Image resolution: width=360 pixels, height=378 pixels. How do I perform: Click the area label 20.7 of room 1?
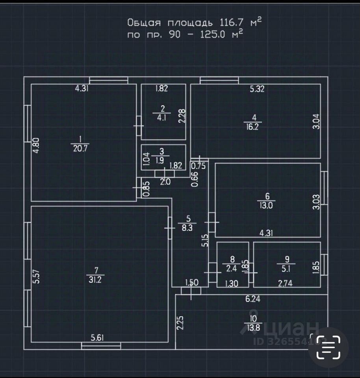click(x=80, y=148)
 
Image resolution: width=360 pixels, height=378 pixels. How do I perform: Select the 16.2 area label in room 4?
click(x=254, y=127)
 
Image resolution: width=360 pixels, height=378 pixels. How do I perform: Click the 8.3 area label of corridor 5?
click(x=189, y=228)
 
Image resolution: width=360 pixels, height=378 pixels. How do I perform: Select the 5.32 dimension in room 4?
click(x=257, y=89)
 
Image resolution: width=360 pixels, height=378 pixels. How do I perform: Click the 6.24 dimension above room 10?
click(x=253, y=299)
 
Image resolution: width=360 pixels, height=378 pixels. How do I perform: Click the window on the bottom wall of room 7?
click(x=101, y=346)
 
